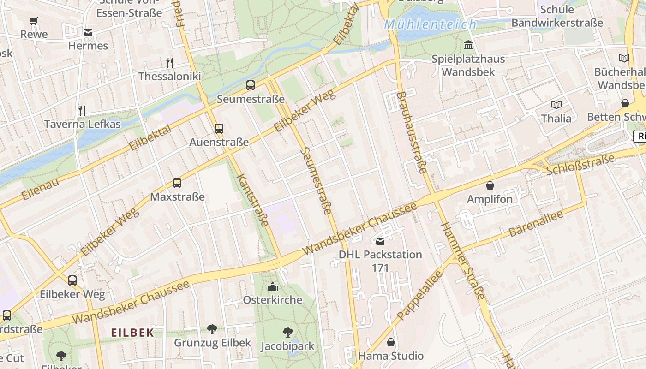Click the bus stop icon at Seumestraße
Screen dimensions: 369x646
(251, 85)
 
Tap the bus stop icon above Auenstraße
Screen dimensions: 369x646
(219, 129)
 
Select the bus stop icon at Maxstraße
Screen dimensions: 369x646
(177, 183)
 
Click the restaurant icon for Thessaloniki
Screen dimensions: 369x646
(170, 63)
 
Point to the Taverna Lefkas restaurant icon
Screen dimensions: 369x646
(82, 111)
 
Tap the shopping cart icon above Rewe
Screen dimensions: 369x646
(34, 21)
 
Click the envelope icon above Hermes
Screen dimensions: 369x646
(88, 33)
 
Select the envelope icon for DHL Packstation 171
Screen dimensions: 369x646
(380, 241)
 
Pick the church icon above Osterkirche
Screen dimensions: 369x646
(273, 286)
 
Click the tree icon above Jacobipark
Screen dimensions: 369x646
(287, 333)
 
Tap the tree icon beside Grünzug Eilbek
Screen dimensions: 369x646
(212, 329)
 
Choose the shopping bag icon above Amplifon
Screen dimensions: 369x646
(490, 186)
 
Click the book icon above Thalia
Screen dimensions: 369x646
(556, 105)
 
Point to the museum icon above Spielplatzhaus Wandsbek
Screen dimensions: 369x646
(468, 45)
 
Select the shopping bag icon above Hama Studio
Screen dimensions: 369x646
(391, 342)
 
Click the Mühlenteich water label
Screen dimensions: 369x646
(430, 24)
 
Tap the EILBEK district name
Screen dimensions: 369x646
(132, 333)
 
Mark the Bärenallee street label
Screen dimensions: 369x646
(536, 223)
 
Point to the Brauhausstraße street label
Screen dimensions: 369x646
(411, 132)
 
